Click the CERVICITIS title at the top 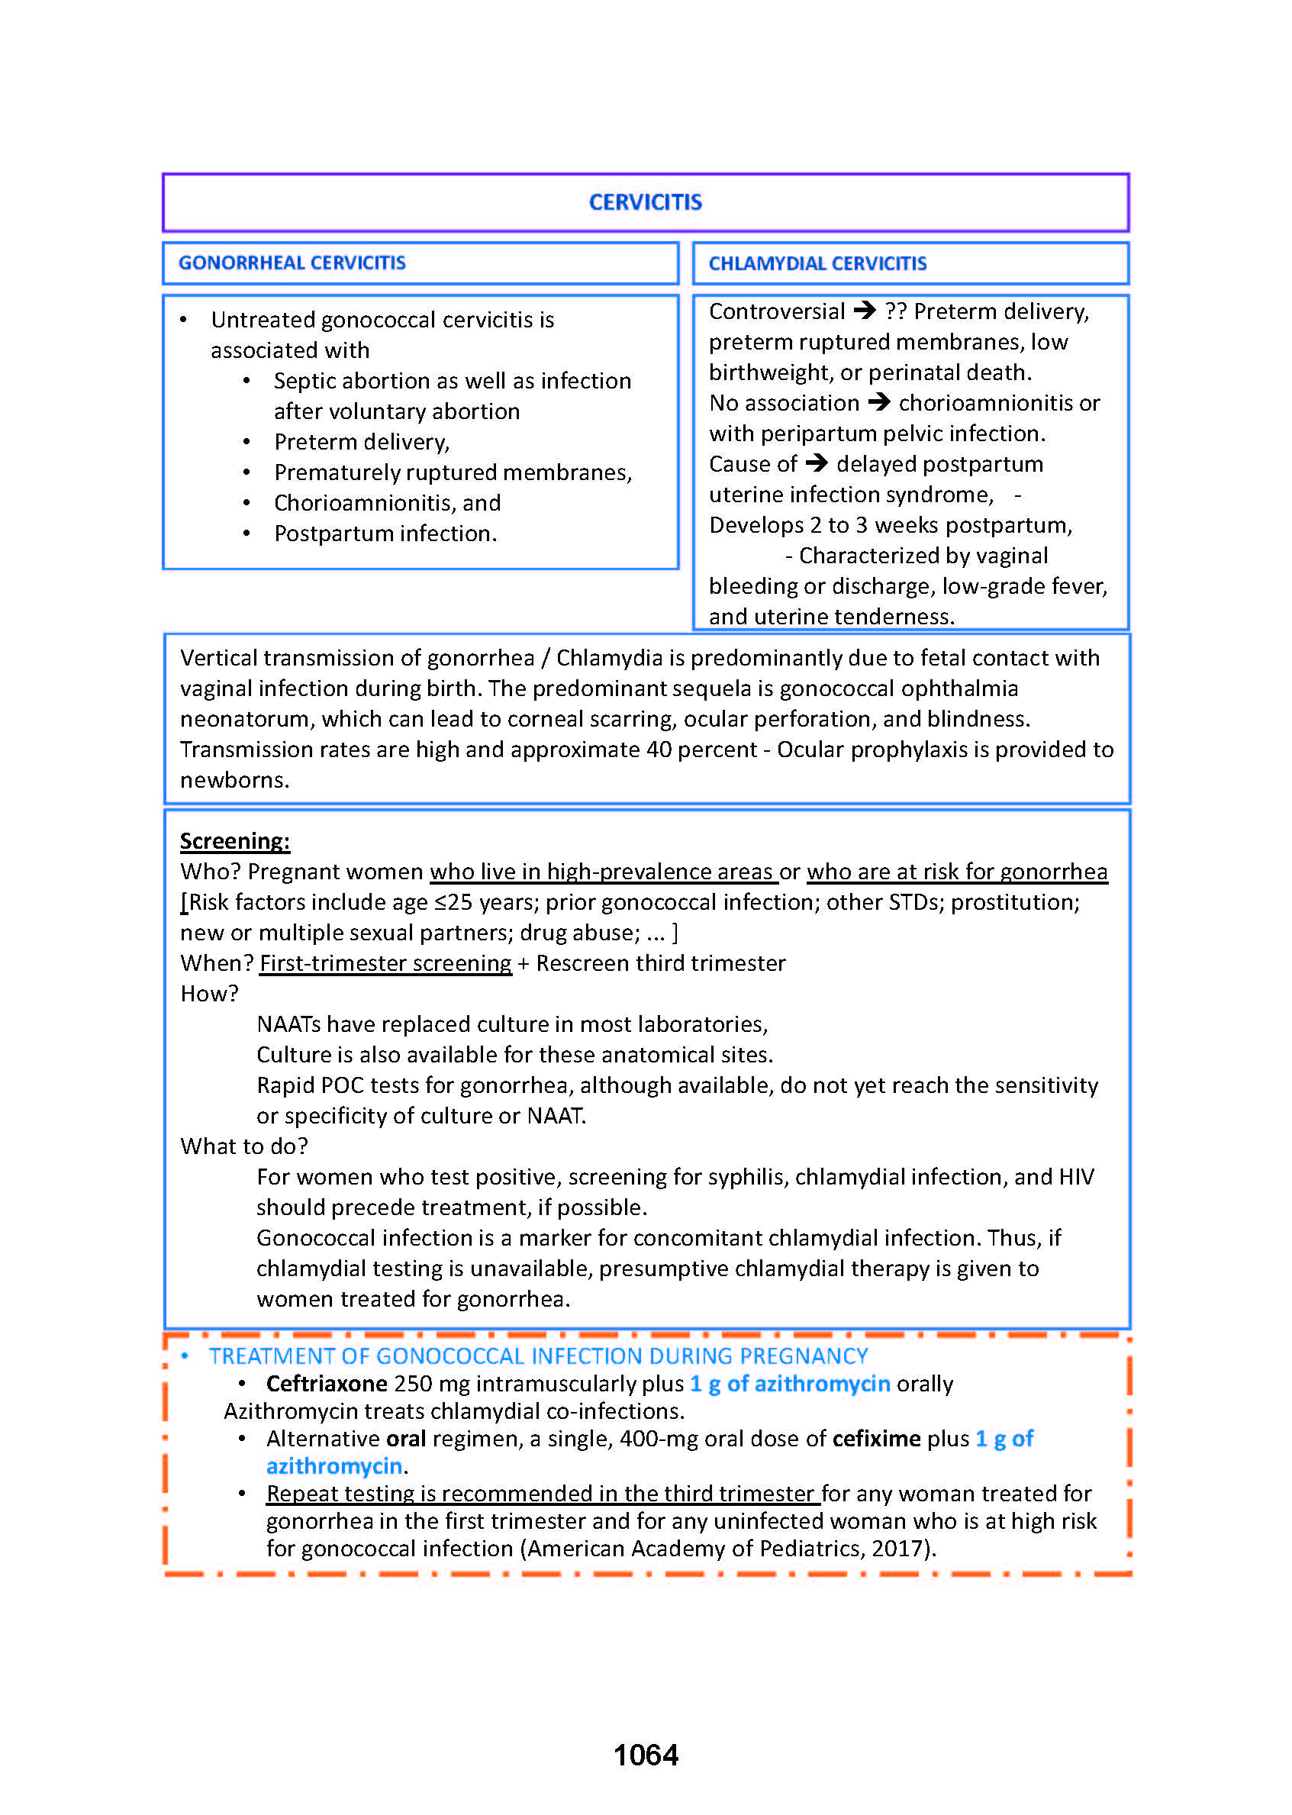(645, 202)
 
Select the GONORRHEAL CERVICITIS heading (292, 263)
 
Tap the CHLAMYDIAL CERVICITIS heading (817, 263)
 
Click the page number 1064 (645, 1755)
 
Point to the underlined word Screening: (235, 841)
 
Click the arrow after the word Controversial (864, 311)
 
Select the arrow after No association (878, 401)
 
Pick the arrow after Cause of (817, 463)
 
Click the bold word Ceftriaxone (326, 1384)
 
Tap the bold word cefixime (876, 1439)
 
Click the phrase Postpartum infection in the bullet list (385, 533)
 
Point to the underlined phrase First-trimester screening (385, 962)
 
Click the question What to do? (243, 1146)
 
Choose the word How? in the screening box (209, 994)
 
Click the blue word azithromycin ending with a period (334, 1465)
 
